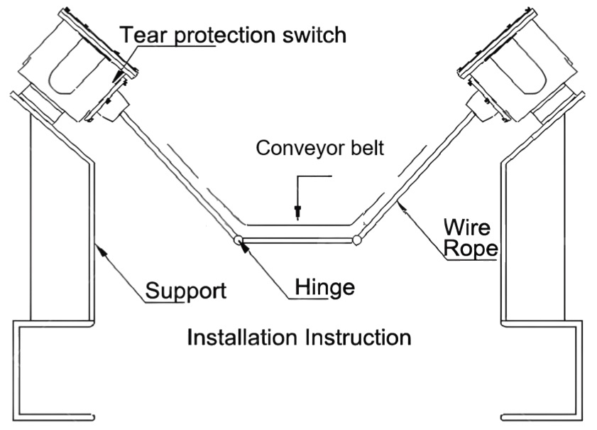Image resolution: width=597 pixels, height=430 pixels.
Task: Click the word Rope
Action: point(470,250)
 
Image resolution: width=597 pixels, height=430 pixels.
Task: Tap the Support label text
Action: point(185,291)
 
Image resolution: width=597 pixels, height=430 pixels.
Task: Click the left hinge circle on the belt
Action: point(238,240)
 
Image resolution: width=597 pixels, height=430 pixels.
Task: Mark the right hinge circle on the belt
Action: point(357,240)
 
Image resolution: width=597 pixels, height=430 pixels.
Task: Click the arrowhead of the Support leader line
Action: point(99,247)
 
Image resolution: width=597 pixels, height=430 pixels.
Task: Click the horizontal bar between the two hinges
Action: point(297,240)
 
